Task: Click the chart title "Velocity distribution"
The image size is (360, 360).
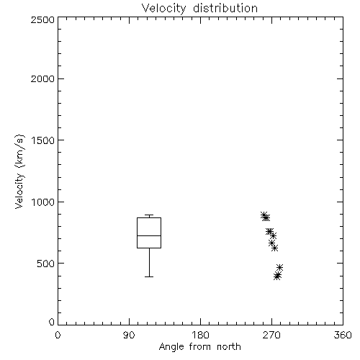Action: point(199,9)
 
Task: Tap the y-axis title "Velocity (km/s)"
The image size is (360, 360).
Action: point(19,171)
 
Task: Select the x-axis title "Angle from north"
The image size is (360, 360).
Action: point(199,347)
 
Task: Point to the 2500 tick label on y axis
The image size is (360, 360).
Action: point(42,19)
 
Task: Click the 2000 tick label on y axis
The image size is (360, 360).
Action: point(42,78)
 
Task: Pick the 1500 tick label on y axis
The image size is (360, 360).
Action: point(43,140)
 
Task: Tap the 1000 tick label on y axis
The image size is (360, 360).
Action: point(43,202)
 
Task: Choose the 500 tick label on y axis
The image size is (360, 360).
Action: point(46,264)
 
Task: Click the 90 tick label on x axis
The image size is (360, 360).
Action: point(129,335)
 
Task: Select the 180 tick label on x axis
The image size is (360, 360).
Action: point(200,335)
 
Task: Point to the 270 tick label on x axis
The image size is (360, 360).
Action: point(271,335)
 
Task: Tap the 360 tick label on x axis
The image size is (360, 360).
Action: point(343,335)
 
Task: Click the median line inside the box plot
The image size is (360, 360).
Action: point(149,235)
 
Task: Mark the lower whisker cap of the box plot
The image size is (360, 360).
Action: point(149,276)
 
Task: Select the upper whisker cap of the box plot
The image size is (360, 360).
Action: point(149,215)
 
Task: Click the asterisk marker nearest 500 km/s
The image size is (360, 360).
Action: point(279,267)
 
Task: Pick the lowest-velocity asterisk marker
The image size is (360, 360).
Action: point(277,277)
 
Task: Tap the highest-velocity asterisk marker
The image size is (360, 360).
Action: point(264,215)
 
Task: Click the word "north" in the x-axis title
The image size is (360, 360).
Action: point(229,347)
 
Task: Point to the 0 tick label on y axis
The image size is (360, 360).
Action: point(52,322)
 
